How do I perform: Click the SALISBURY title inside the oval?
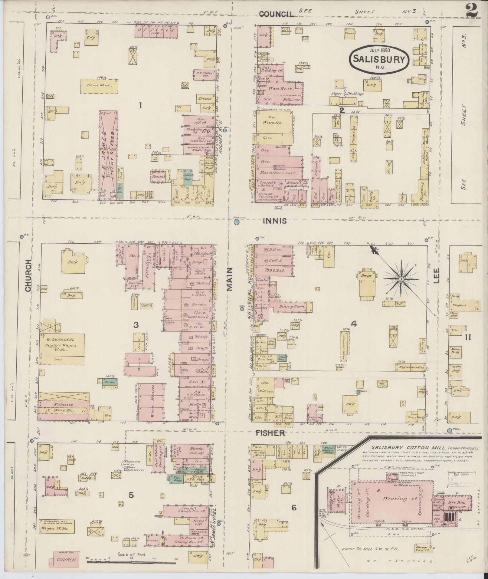[x=379, y=59]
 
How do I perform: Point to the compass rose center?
[x=401, y=278]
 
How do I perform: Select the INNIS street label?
[x=274, y=221]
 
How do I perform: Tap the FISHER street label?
[x=270, y=433]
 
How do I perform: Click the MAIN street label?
[x=230, y=279]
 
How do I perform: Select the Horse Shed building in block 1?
[x=99, y=86]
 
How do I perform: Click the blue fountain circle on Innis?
[x=237, y=222]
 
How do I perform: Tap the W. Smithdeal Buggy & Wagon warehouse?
[x=61, y=345]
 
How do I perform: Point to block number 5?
[x=131, y=495]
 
